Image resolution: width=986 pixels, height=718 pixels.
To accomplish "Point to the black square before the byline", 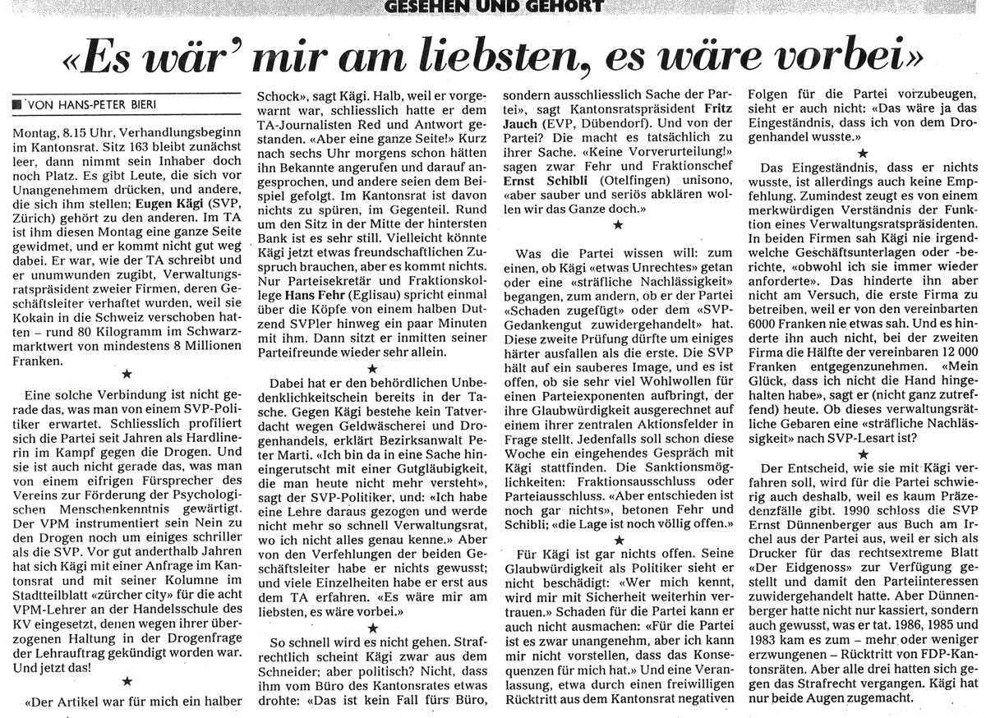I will (x=17, y=106).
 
